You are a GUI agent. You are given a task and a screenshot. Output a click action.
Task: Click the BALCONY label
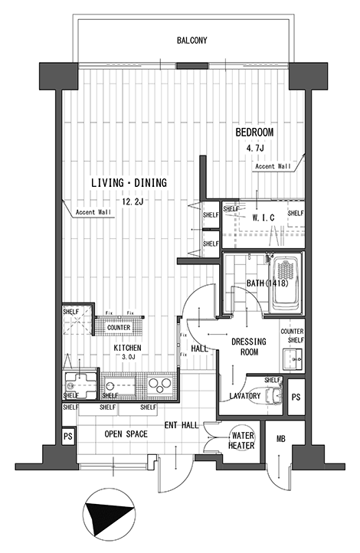[x=191, y=41]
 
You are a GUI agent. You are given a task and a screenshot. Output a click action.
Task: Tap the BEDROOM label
[x=254, y=133]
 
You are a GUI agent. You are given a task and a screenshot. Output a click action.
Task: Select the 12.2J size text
[x=133, y=201]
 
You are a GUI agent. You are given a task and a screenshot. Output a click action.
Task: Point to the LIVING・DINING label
[x=129, y=183]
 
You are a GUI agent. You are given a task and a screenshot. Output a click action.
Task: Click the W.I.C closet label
[x=263, y=218]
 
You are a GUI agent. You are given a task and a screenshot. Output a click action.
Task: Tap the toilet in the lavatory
[x=274, y=394]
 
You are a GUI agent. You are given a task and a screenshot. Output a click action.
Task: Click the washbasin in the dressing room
[x=293, y=359]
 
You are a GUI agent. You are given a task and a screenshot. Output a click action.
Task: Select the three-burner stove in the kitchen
[x=159, y=385]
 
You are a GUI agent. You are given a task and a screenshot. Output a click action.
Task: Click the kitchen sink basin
[x=120, y=385]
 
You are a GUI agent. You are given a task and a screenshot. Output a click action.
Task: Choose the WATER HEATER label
[x=241, y=440]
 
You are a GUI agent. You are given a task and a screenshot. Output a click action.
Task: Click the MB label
[x=280, y=439]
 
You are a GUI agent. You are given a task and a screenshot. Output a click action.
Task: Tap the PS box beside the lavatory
[x=296, y=397]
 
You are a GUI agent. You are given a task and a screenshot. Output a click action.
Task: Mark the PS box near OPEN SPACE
[x=68, y=437]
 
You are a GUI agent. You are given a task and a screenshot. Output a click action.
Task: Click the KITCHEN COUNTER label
[x=119, y=328]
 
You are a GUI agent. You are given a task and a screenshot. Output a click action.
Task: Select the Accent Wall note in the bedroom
[x=273, y=166]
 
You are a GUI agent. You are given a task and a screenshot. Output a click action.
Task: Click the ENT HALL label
[x=182, y=425]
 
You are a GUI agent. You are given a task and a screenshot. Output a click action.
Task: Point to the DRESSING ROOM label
[x=249, y=347]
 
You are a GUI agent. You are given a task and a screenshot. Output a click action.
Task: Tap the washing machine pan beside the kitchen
[x=80, y=384]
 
